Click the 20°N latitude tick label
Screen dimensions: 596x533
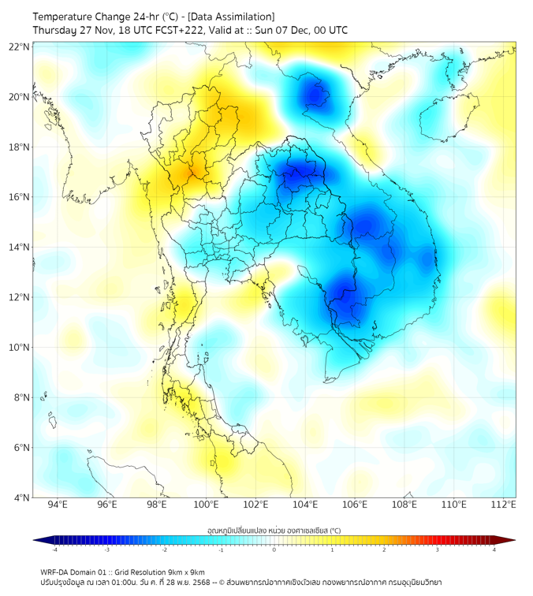click(19, 97)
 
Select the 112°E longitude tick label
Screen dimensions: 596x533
click(503, 505)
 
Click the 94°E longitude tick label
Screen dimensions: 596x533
click(58, 505)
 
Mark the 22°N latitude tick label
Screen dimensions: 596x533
click(19, 47)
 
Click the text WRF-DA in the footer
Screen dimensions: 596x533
click(56, 572)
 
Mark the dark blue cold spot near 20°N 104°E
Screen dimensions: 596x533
click(318, 95)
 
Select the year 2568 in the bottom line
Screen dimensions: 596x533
click(203, 583)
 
